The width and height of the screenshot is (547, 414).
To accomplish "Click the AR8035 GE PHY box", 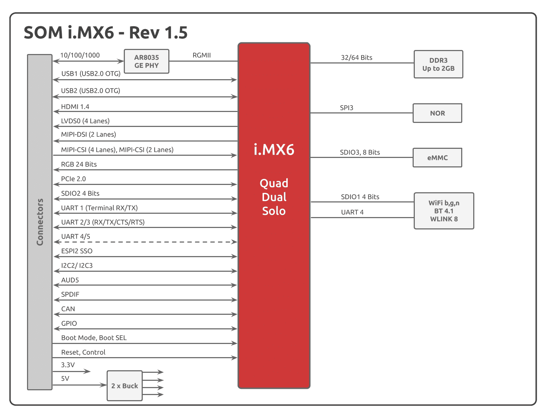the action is pyautogui.click(x=146, y=61).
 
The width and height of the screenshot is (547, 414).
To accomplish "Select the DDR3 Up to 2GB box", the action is pyautogui.click(x=438, y=64).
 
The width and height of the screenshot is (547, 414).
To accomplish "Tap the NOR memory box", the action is pyautogui.click(x=437, y=113).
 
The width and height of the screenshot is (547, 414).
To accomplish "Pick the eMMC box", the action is pyautogui.click(x=437, y=158).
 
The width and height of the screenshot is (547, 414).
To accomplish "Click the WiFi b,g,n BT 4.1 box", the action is pyautogui.click(x=444, y=211).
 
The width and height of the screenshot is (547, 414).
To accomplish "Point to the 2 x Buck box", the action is pyautogui.click(x=125, y=386).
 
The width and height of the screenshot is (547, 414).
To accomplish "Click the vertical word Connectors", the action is pyautogui.click(x=40, y=222).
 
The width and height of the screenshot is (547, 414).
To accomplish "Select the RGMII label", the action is pyautogui.click(x=202, y=55).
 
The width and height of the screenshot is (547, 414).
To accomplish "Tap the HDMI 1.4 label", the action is pyautogui.click(x=75, y=107).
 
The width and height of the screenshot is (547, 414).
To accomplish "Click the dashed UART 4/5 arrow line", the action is pyautogui.click(x=145, y=242).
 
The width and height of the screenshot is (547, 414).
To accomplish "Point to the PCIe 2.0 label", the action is pyautogui.click(x=73, y=179).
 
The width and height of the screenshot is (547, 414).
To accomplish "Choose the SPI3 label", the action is pyautogui.click(x=347, y=108).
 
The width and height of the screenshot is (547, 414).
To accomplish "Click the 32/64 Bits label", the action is pyautogui.click(x=357, y=58).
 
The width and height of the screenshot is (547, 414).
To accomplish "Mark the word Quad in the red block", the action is pyautogui.click(x=274, y=183).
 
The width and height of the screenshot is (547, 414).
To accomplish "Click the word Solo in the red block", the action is pyautogui.click(x=274, y=211).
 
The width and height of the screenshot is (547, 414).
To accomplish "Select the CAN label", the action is pyautogui.click(x=68, y=309).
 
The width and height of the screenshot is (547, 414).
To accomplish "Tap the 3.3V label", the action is pyautogui.click(x=68, y=365).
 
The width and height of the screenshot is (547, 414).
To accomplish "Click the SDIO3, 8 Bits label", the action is pyautogui.click(x=360, y=152).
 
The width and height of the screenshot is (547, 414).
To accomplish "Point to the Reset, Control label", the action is pyautogui.click(x=83, y=352).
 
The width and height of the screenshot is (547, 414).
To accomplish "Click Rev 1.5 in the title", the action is pyautogui.click(x=158, y=32).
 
